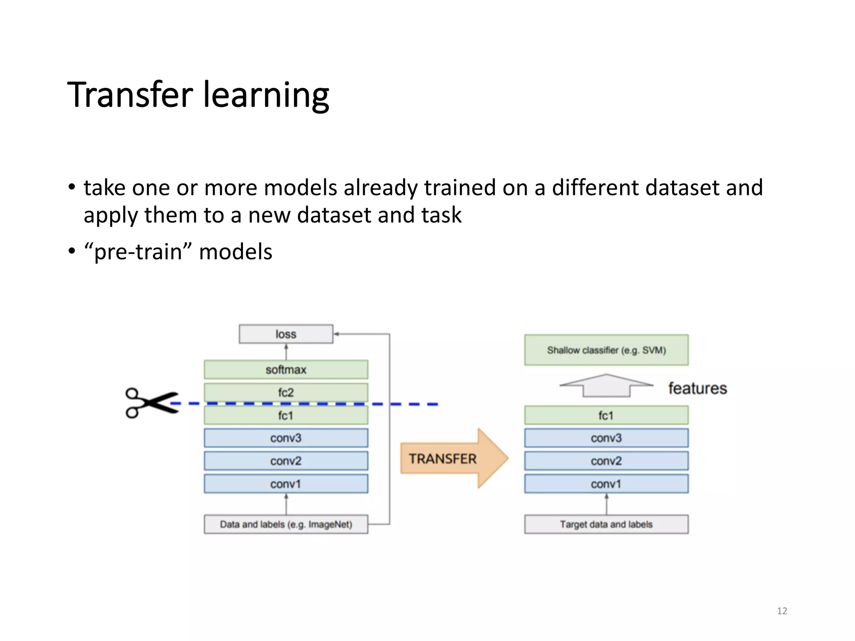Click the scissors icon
click(151, 403)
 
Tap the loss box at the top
click(286, 334)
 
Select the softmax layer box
click(286, 370)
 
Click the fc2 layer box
click(286, 392)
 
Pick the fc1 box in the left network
click(286, 416)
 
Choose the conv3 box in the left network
click(286, 438)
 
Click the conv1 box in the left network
click(286, 484)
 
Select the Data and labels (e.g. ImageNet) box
click(286, 525)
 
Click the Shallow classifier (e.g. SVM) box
click(606, 350)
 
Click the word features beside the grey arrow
click(698, 389)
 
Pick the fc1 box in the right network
click(606, 416)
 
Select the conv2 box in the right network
click(606, 461)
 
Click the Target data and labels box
click(606, 525)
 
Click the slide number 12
click(782, 611)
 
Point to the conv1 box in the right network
click(606, 484)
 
